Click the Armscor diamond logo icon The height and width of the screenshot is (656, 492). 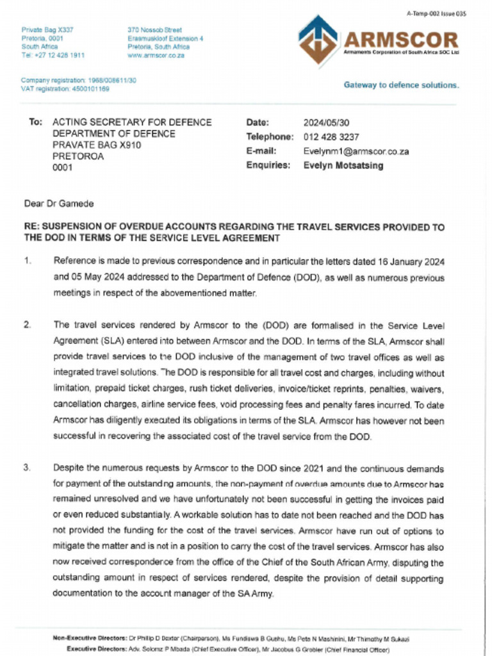click(x=318, y=40)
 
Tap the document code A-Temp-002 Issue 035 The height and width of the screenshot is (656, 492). click(x=434, y=13)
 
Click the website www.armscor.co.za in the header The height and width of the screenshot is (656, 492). click(x=156, y=56)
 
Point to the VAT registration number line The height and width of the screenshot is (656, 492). click(x=65, y=89)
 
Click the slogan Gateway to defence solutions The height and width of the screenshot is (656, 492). click(x=401, y=85)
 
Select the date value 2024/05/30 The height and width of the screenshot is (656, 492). click(x=326, y=122)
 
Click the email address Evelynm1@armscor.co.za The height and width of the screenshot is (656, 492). click(x=356, y=152)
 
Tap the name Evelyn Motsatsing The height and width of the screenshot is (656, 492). click(x=343, y=166)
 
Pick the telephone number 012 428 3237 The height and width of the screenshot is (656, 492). click(x=331, y=137)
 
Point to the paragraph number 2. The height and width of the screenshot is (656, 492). click(x=28, y=325)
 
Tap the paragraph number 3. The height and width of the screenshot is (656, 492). click(x=28, y=468)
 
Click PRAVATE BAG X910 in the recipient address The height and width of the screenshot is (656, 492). click(x=96, y=145)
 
